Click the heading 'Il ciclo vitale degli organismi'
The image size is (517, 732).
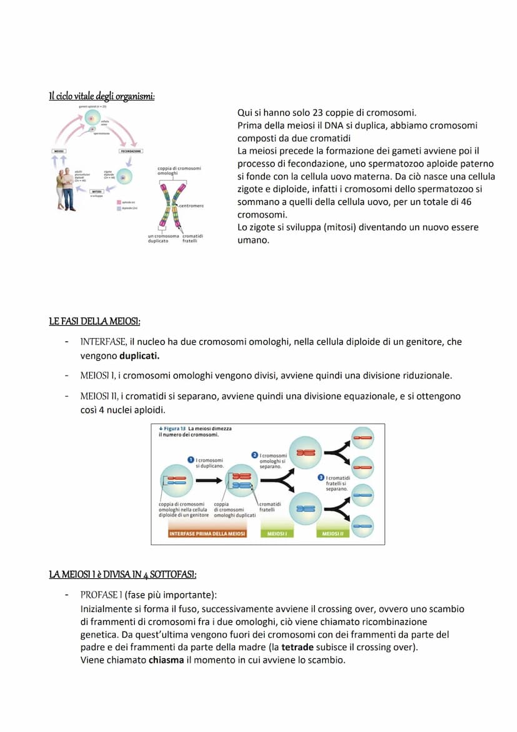[x=101, y=96]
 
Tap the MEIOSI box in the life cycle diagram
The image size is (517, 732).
[x=60, y=151]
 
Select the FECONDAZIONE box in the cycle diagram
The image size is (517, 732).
[x=131, y=151]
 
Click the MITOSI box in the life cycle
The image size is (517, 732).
[x=97, y=191]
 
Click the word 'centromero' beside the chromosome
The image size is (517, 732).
[x=191, y=205]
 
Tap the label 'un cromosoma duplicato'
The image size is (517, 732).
[x=163, y=238]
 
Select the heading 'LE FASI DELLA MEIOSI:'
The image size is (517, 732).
[x=94, y=321]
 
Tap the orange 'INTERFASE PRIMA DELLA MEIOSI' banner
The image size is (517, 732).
[x=208, y=533]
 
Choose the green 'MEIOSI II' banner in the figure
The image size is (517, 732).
[x=332, y=533]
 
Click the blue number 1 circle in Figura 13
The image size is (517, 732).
[x=192, y=459]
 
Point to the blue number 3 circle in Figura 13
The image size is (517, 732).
[x=321, y=478]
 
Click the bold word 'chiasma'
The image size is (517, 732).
[x=166, y=659]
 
